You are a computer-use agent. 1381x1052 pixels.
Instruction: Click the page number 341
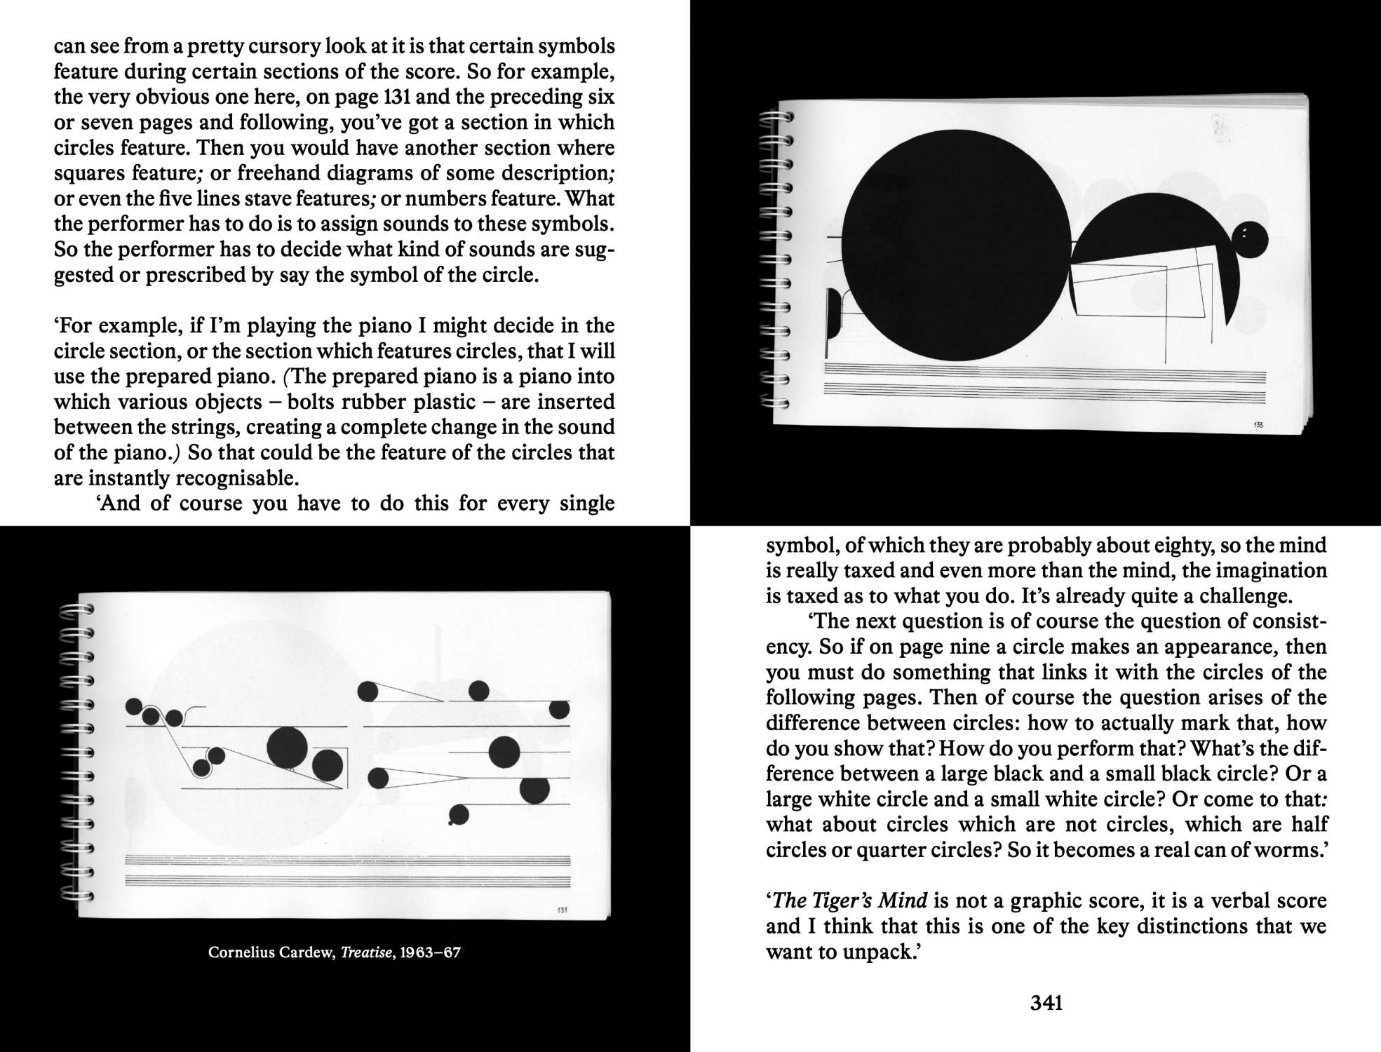pyautogui.click(x=1046, y=1004)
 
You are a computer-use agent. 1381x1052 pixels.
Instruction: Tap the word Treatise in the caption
pyautogui.click(x=365, y=952)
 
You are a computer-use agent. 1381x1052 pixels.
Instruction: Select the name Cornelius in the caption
pyautogui.click(x=238, y=952)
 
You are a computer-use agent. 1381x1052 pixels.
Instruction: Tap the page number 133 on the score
pyautogui.click(x=1259, y=426)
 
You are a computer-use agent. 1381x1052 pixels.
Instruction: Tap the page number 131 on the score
pyautogui.click(x=562, y=911)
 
